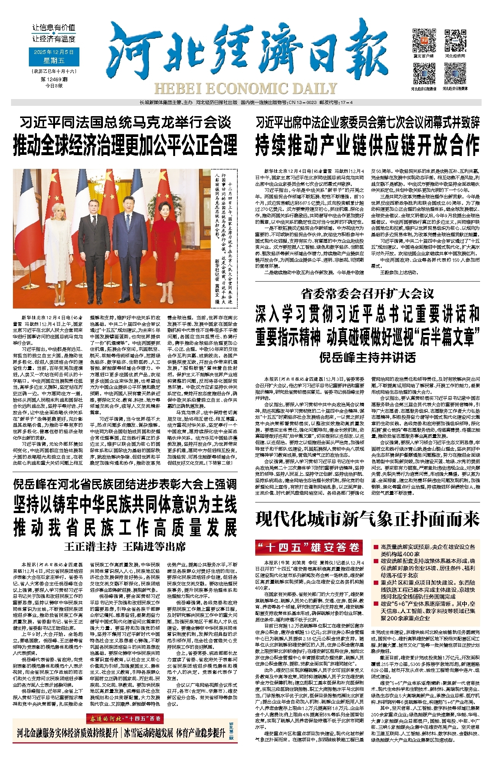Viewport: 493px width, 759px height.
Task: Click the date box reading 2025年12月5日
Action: click(x=54, y=52)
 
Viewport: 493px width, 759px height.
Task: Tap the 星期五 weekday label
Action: click(x=54, y=61)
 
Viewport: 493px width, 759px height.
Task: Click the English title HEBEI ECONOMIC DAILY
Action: click(x=246, y=89)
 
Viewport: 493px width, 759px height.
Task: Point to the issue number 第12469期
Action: click(x=54, y=79)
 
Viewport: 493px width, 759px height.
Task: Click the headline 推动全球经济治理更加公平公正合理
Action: click(x=125, y=145)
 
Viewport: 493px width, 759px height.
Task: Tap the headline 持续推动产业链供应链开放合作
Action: click(x=367, y=145)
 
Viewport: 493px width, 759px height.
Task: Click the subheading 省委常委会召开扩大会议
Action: click(x=367, y=293)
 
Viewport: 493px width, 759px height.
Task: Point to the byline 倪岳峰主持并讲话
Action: click(x=367, y=357)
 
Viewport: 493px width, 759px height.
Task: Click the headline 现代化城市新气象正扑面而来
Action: click(x=367, y=519)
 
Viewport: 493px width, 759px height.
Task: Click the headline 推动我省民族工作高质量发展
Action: click(x=125, y=528)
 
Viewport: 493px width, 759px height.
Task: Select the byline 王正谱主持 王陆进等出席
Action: click(x=125, y=546)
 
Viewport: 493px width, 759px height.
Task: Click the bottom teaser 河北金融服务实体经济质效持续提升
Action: click(x=68, y=733)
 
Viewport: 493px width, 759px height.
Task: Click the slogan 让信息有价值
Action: click(x=54, y=28)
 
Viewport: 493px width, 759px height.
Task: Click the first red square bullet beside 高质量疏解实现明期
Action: click(x=376, y=547)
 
